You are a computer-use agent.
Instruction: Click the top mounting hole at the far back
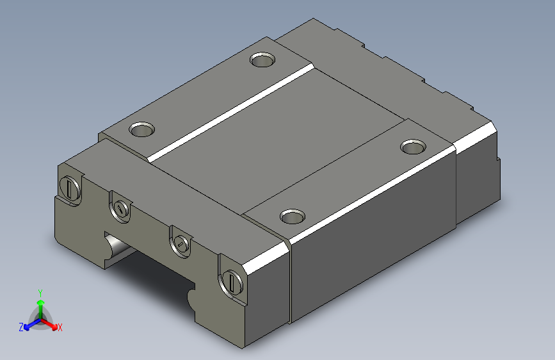point(262,60)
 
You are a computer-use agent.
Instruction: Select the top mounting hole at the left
point(141,129)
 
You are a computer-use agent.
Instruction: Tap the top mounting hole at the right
point(413,147)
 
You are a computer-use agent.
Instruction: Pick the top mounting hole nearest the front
point(293,216)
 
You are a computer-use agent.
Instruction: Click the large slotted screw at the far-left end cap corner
point(70,188)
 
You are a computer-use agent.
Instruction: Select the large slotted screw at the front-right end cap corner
point(232,281)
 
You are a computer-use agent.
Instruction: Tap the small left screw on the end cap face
point(121,208)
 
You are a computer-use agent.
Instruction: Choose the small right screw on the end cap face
point(181,244)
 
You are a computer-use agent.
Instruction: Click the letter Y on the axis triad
point(40,293)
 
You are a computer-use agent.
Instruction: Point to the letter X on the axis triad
point(60,328)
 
